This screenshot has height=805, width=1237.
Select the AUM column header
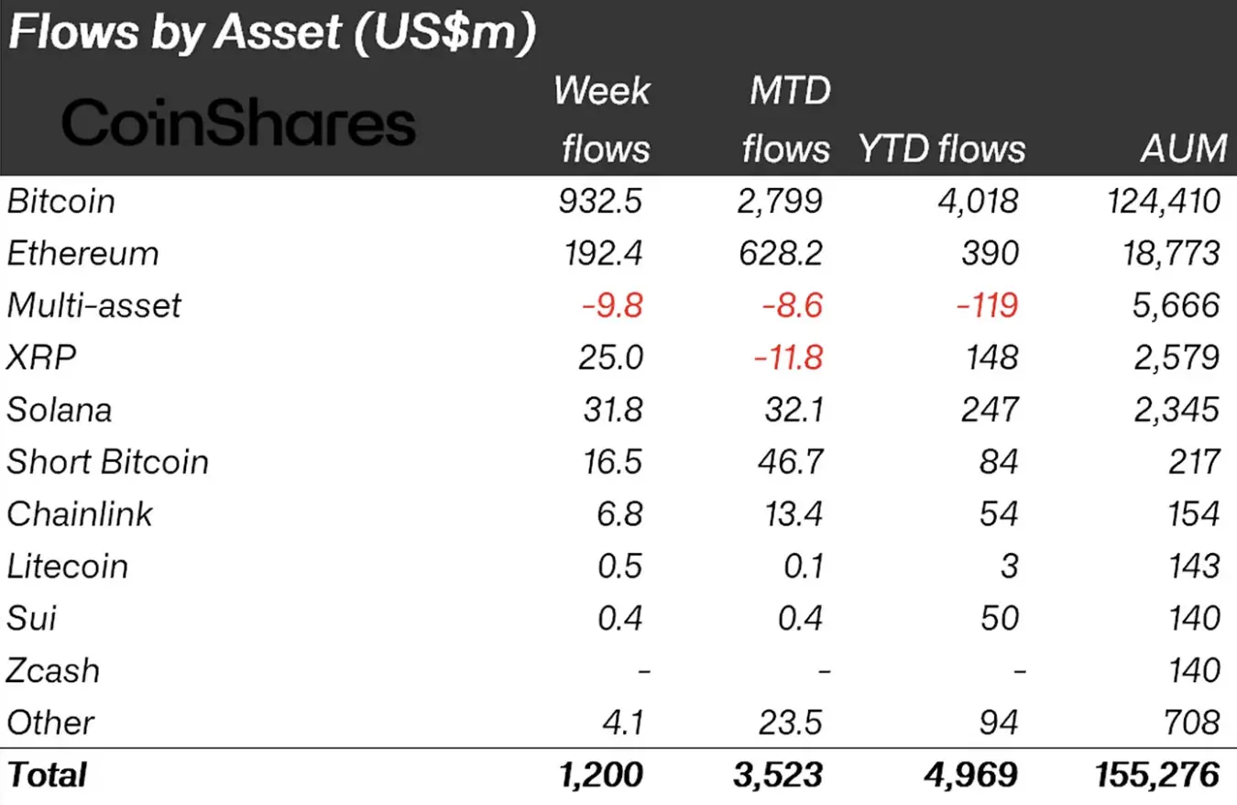[x=1185, y=148]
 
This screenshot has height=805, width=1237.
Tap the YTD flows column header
[x=942, y=148]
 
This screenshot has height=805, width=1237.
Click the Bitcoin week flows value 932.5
[x=601, y=201]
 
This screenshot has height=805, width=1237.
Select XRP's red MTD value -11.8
[x=788, y=358]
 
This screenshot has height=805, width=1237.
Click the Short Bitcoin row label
[x=107, y=462]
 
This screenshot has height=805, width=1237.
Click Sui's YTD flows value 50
[x=997, y=619]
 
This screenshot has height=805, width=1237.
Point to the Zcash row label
[x=53, y=671]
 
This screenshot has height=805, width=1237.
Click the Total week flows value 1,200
[x=601, y=776]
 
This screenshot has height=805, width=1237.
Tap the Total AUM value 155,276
[x=1156, y=776]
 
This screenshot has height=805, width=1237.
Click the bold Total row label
[x=47, y=776]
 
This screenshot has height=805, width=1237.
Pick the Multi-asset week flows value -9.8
[x=611, y=305]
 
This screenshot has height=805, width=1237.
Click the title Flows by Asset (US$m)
[x=270, y=34]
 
